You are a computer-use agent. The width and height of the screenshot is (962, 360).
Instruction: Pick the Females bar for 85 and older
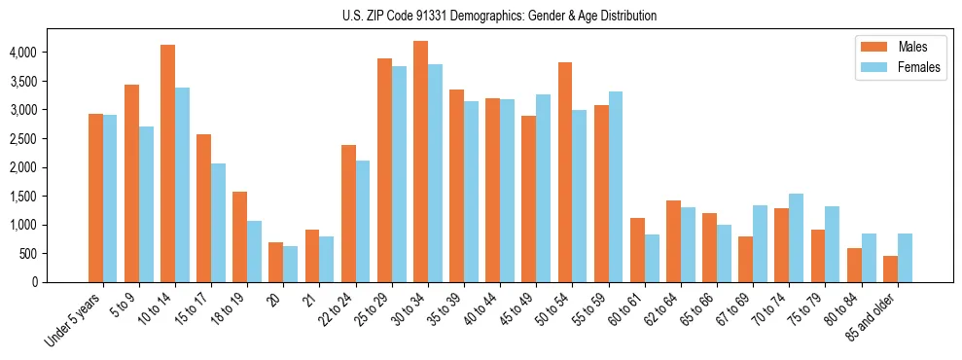tap(905, 258)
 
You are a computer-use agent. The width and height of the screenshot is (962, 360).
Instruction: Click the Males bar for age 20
tap(276, 262)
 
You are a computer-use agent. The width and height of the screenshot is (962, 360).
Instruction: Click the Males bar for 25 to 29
tap(384, 170)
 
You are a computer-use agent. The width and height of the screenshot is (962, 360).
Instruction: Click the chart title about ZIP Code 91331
tap(499, 16)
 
